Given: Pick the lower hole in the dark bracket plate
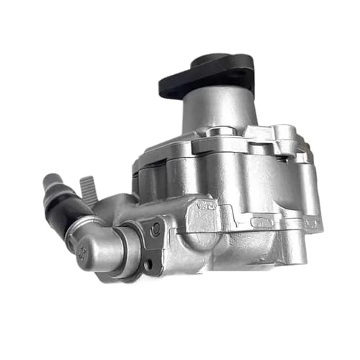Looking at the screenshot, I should [x=148, y=264].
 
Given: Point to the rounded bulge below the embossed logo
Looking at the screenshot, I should [x=209, y=241].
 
